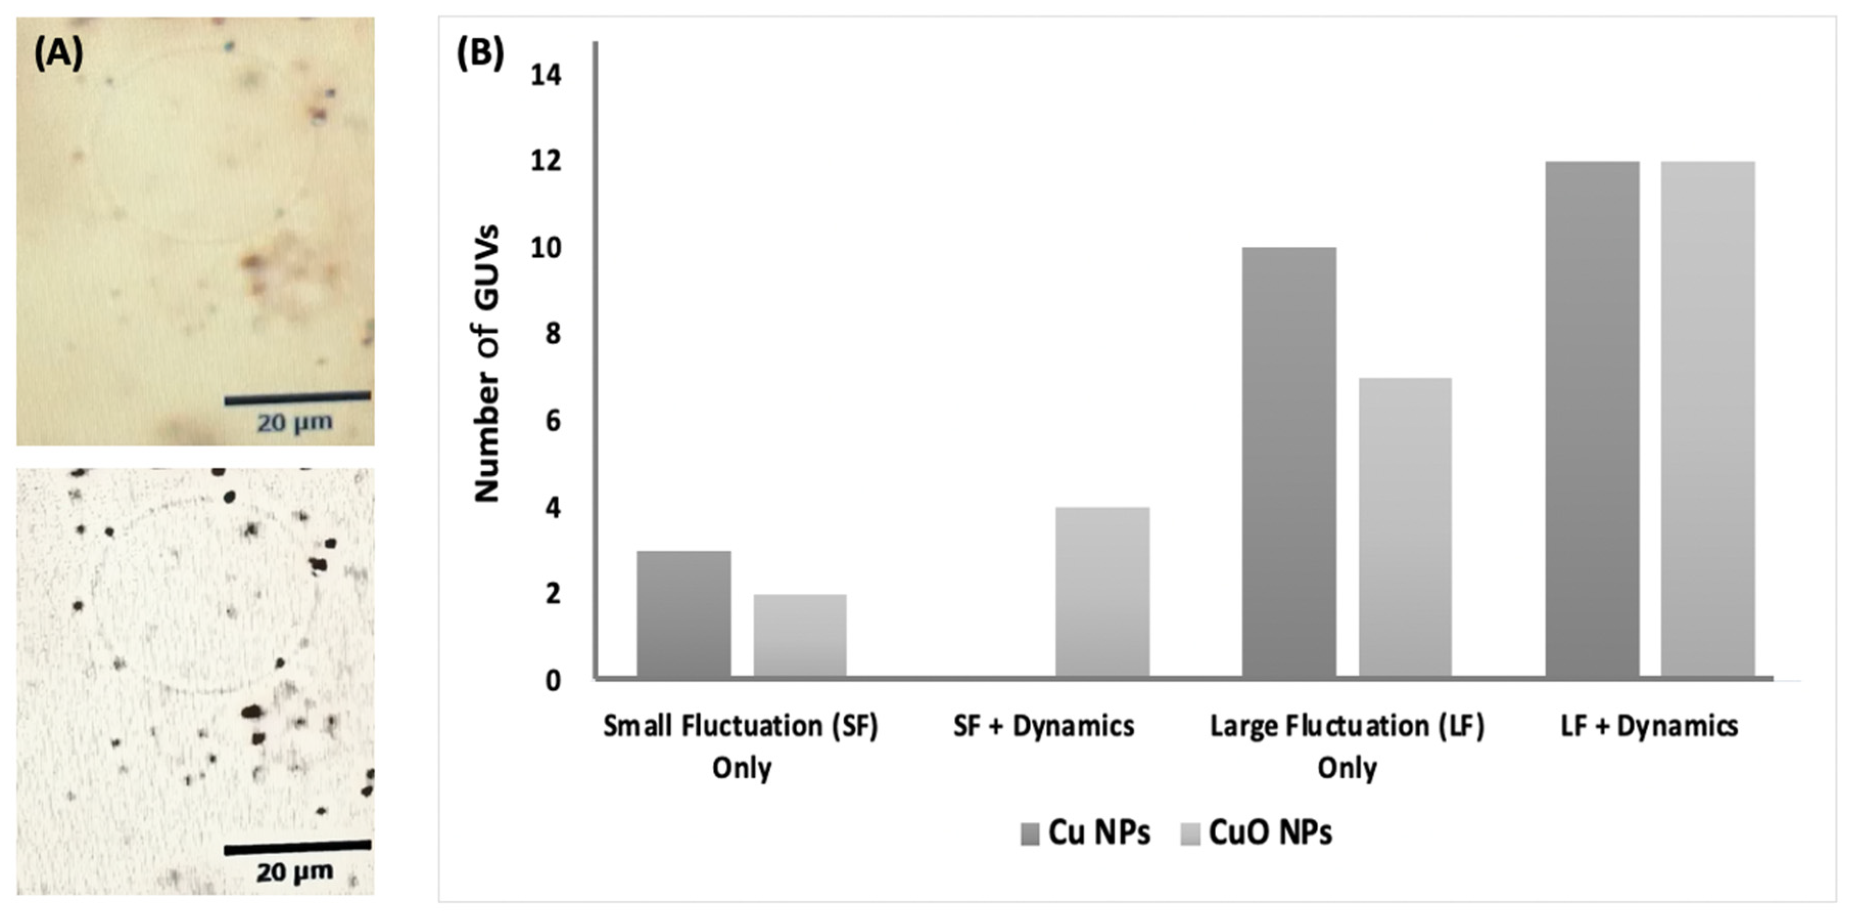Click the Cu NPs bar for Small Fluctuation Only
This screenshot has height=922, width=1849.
click(683, 614)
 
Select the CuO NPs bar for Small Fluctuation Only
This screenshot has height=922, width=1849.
click(799, 635)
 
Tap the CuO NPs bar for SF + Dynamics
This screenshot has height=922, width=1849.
click(1103, 592)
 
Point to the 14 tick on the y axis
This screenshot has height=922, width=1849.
click(546, 75)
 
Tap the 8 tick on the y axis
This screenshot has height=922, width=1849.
click(551, 335)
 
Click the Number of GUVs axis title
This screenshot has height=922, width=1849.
click(487, 363)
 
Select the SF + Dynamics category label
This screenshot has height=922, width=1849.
click(1044, 726)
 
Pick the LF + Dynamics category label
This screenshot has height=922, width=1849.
click(1649, 726)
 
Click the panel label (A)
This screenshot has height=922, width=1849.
click(58, 53)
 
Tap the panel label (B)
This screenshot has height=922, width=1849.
click(480, 53)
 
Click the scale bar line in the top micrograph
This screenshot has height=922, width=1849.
click(297, 397)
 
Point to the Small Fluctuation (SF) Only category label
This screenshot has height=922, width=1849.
click(741, 747)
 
